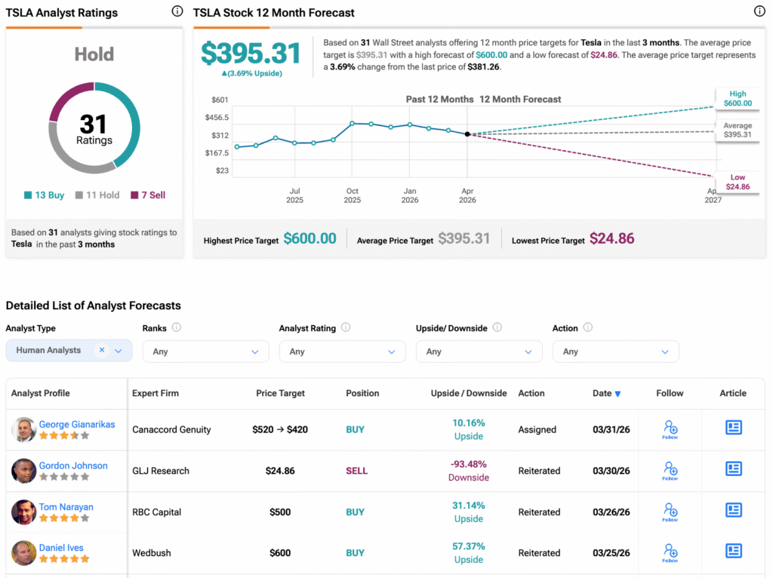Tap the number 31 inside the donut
(94, 124)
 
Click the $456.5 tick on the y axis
(217, 118)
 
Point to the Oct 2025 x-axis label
(353, 195)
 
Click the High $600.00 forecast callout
(738, 99)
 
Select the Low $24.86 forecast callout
(738, 182)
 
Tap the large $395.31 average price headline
(251, 54)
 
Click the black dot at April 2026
(467, 134)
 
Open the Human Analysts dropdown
(69, 351)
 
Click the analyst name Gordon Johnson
(73, 466)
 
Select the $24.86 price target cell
(280, 471)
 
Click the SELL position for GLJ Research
(356, 471)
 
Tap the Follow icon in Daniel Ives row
(670, 552)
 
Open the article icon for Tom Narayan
(733, 510)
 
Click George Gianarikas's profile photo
(24, 429)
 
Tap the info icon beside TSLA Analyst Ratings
(177, 11)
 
